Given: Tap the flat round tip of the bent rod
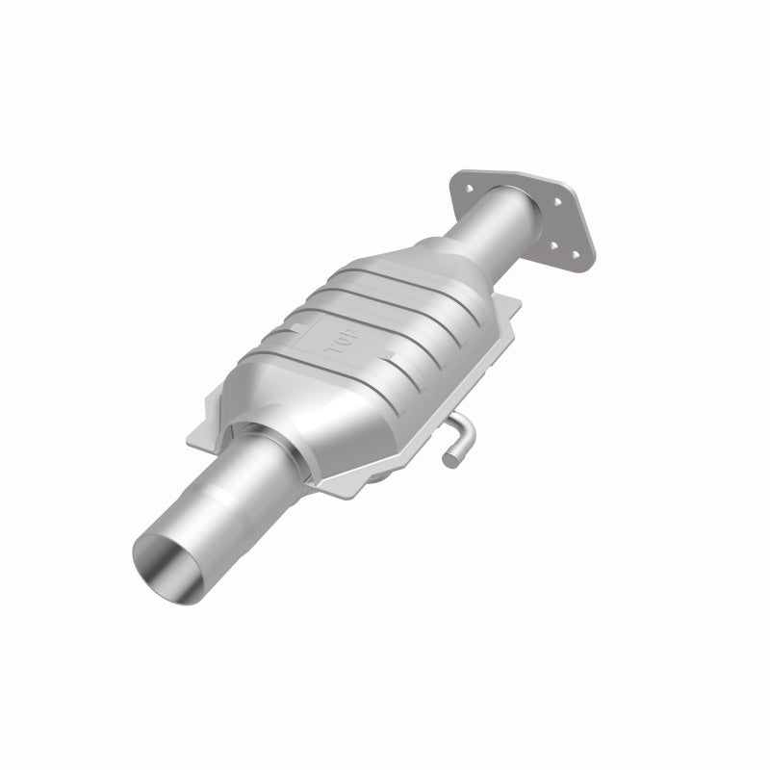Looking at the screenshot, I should coord(449,461).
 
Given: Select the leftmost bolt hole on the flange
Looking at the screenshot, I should coord(466,188).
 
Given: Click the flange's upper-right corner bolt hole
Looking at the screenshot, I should coord(557,202).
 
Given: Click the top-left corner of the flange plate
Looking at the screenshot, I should coord(460,176).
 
